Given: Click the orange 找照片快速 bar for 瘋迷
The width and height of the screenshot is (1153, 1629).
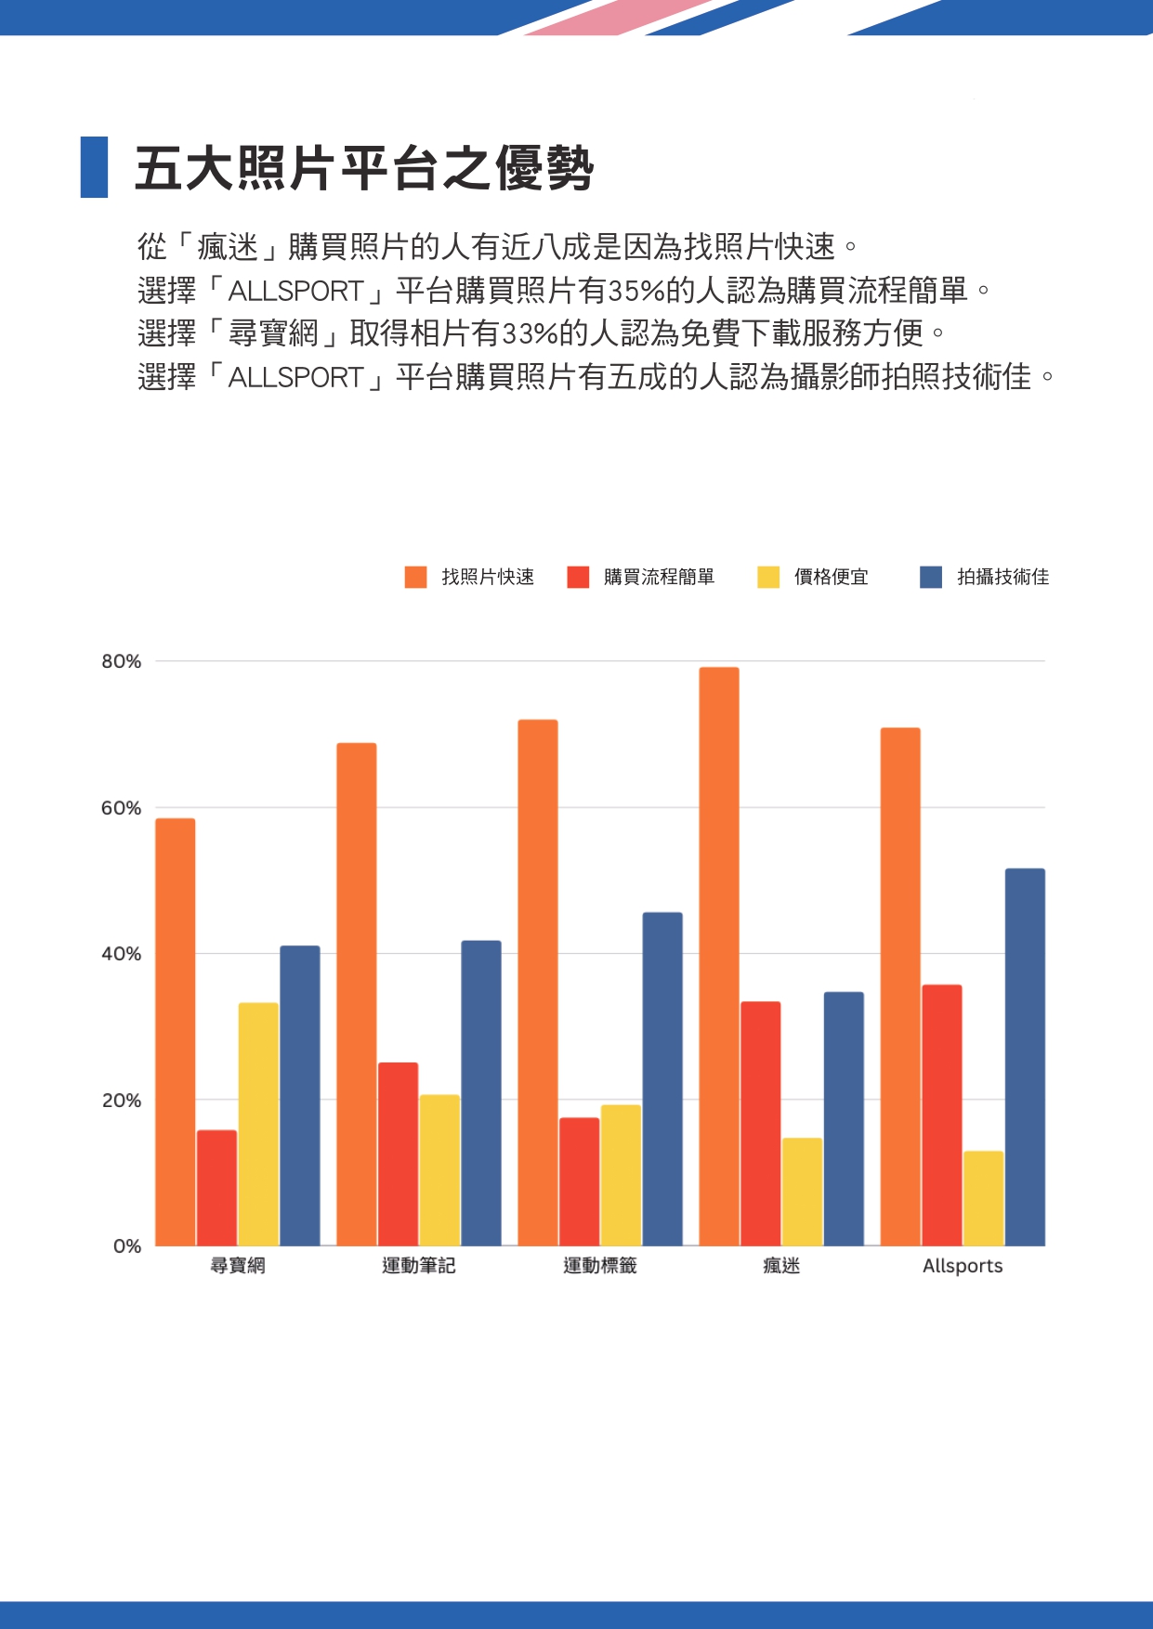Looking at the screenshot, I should pyautogui.click(x=719, y=957).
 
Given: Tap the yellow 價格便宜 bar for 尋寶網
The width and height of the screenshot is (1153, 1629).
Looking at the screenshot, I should pyautogui.click(x=258, y=1124).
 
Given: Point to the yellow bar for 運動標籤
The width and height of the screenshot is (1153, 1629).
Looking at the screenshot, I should pyautogui.click(x=621, y=1175).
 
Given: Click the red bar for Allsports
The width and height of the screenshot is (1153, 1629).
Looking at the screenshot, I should pyautogui.click(x=942, y=1114).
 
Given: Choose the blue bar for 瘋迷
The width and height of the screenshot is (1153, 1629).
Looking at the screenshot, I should pyautogui.click(x=844, y=1118).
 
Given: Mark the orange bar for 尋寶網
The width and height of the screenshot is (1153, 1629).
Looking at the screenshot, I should pyautogui.click(x=176, y=1032).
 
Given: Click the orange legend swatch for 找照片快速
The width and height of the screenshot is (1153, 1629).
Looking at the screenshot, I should pyautogui.click(x=415, y=577).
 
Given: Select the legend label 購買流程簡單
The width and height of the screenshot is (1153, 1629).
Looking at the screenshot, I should pyautogui.click(x=659, y=577).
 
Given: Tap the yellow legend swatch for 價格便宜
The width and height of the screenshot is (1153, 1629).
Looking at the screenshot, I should pyautogui.click(x=768, y=577).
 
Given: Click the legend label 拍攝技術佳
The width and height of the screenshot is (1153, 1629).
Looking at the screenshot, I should pyautogui.click(x=1002, y=577).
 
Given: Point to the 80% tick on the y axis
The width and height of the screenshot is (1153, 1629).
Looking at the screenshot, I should pyautogui.click(x=122, y=661).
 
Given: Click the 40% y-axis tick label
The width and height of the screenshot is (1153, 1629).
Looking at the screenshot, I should pyautogui.click(x=122, y=954).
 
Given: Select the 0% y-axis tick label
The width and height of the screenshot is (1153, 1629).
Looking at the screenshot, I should pyautogui.click(x=127, y=1246).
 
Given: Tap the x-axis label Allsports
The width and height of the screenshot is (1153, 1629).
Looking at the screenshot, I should pyautogui.click(x=963, y=1266).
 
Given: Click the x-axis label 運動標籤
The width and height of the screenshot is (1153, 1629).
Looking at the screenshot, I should pyautogui.click(x=600, y=1266).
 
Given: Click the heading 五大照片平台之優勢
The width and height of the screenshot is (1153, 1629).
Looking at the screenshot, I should pyautogui.click(x=364, y=169).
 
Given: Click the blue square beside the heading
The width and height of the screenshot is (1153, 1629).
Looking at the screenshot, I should pyautogui.click(x=94, y=167).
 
